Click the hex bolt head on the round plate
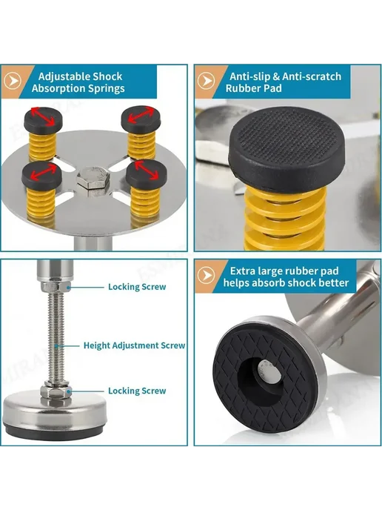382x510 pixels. pos(92,179)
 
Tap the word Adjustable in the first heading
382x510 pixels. pos(64,76)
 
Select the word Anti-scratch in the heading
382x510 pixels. pos(312,76)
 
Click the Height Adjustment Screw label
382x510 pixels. pos(134,345)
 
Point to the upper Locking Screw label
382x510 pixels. pos(137,287)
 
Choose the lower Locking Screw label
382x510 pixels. pos(137,391)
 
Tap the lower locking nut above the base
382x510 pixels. pos(56,391)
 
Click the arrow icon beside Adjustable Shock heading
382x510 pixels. pos(13,81)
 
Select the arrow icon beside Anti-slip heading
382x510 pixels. pos(207,81)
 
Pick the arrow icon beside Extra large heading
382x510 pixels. pos(207,276)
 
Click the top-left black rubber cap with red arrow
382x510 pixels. pos(44,119)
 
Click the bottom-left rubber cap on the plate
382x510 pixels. pos(41,176)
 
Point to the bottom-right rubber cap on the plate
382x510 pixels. pos(146,174)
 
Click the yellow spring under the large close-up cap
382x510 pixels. pos(285,219)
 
